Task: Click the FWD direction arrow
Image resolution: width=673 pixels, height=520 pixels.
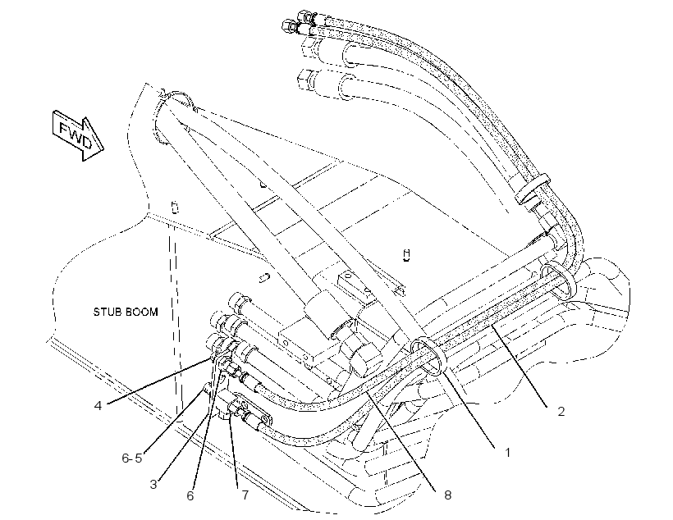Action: pos(78,135)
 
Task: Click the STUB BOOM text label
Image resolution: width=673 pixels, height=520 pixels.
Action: pos(126,312)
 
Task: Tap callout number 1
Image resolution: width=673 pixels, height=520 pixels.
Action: pos(507,452)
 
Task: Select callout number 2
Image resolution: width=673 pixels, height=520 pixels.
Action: pos(561,412)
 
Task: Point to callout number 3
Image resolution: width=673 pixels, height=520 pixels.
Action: pos(153,485)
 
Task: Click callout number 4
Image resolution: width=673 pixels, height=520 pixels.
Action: pos(98,405)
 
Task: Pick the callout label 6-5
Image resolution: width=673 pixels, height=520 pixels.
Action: pos(132,458)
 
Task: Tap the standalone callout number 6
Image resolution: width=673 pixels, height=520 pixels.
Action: pos(190,495)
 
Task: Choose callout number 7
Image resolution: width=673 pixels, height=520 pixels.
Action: pos(245,495)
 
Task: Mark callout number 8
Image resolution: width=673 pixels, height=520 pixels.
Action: pos(447,495)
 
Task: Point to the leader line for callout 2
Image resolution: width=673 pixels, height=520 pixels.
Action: pos(520,366)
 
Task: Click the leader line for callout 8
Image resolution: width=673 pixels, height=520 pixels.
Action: pos(400,437)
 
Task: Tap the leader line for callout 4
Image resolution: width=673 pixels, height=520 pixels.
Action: pos(158,381)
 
